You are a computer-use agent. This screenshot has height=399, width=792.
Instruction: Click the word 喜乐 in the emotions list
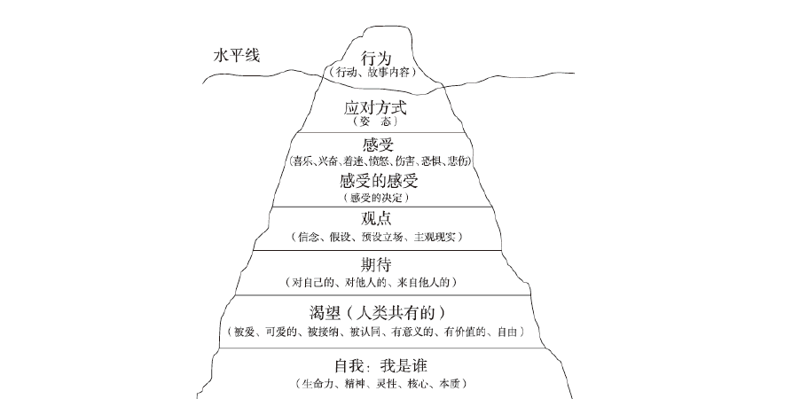pyautogui.click(x=302, y=160)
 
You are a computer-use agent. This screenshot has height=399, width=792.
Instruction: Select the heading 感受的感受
pyautogui.click(x=378, y=181)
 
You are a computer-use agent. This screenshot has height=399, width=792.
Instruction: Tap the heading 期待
pyautogui.click(x=377, y=265)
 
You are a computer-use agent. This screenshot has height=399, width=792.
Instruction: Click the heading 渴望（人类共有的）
pyautogui.click(x=377, y=312)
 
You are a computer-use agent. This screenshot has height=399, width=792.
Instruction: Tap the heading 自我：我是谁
pyautogui.click(x=378, y=365)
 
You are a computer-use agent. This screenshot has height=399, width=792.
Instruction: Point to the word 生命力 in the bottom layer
pyautogui.click(x=315, y=383)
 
